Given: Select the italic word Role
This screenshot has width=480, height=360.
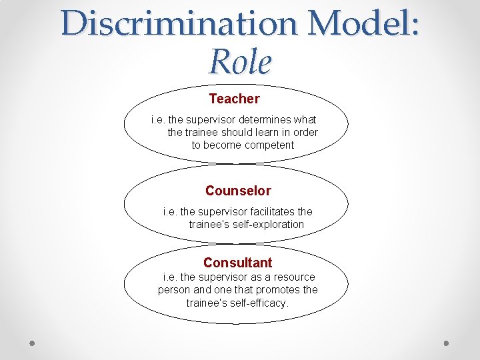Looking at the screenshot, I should [240, 62].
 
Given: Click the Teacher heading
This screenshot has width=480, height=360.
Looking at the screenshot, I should [234, 99].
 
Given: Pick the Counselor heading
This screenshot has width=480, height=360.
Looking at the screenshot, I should [238, 191].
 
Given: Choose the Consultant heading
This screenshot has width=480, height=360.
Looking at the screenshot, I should [238, 263].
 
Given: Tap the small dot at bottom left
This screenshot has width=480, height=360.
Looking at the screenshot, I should [33, 343].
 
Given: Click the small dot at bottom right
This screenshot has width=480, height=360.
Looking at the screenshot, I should [447, 343].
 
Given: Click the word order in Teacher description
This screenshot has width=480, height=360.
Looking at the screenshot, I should [305, 132].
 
